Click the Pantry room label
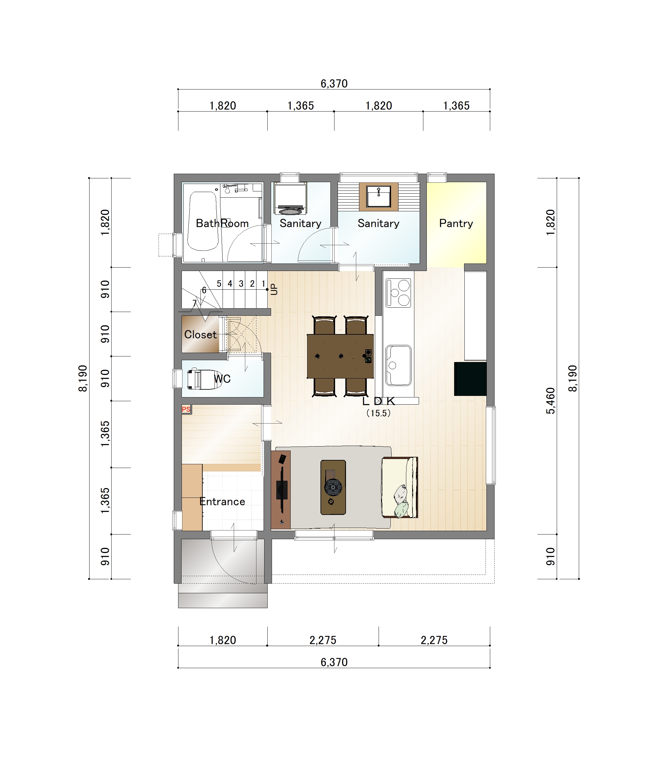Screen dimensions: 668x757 click(x=456, y=223)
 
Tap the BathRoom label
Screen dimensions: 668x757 click(x=222, y=223)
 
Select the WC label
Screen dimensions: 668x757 click(x=222, y=378)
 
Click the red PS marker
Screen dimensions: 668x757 click(x=186, y=409)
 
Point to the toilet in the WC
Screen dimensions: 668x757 click(x=204, y=379)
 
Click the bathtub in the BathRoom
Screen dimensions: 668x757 click(x=203, y=221)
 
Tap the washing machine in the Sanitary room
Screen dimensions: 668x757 click(x=290, y=199)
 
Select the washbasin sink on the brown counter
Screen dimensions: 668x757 click(x=378, y=196)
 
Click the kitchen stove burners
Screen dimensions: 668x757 click(x=398, y=293)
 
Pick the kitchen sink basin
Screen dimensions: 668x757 click(x=398, y=365)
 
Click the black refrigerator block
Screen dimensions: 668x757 click(x=470, y=379)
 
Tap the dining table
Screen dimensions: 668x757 click(x=340, y=356)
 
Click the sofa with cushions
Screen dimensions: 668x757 click(x=399, y=487)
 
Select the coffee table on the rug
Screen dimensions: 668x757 click(x=333, y=487)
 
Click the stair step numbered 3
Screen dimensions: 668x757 click(x=241, y=284)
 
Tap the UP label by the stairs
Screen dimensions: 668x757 click(x=274, y=289)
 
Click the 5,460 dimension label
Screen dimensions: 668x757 click(x=551, y=401)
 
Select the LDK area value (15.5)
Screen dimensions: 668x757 click(x=378, y=413)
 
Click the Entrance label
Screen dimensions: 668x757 click(x=222, y=502)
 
